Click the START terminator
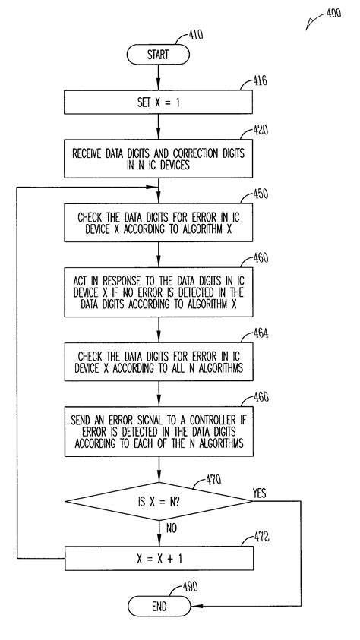click(158, 55)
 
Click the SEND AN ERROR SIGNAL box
click(158, 431)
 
